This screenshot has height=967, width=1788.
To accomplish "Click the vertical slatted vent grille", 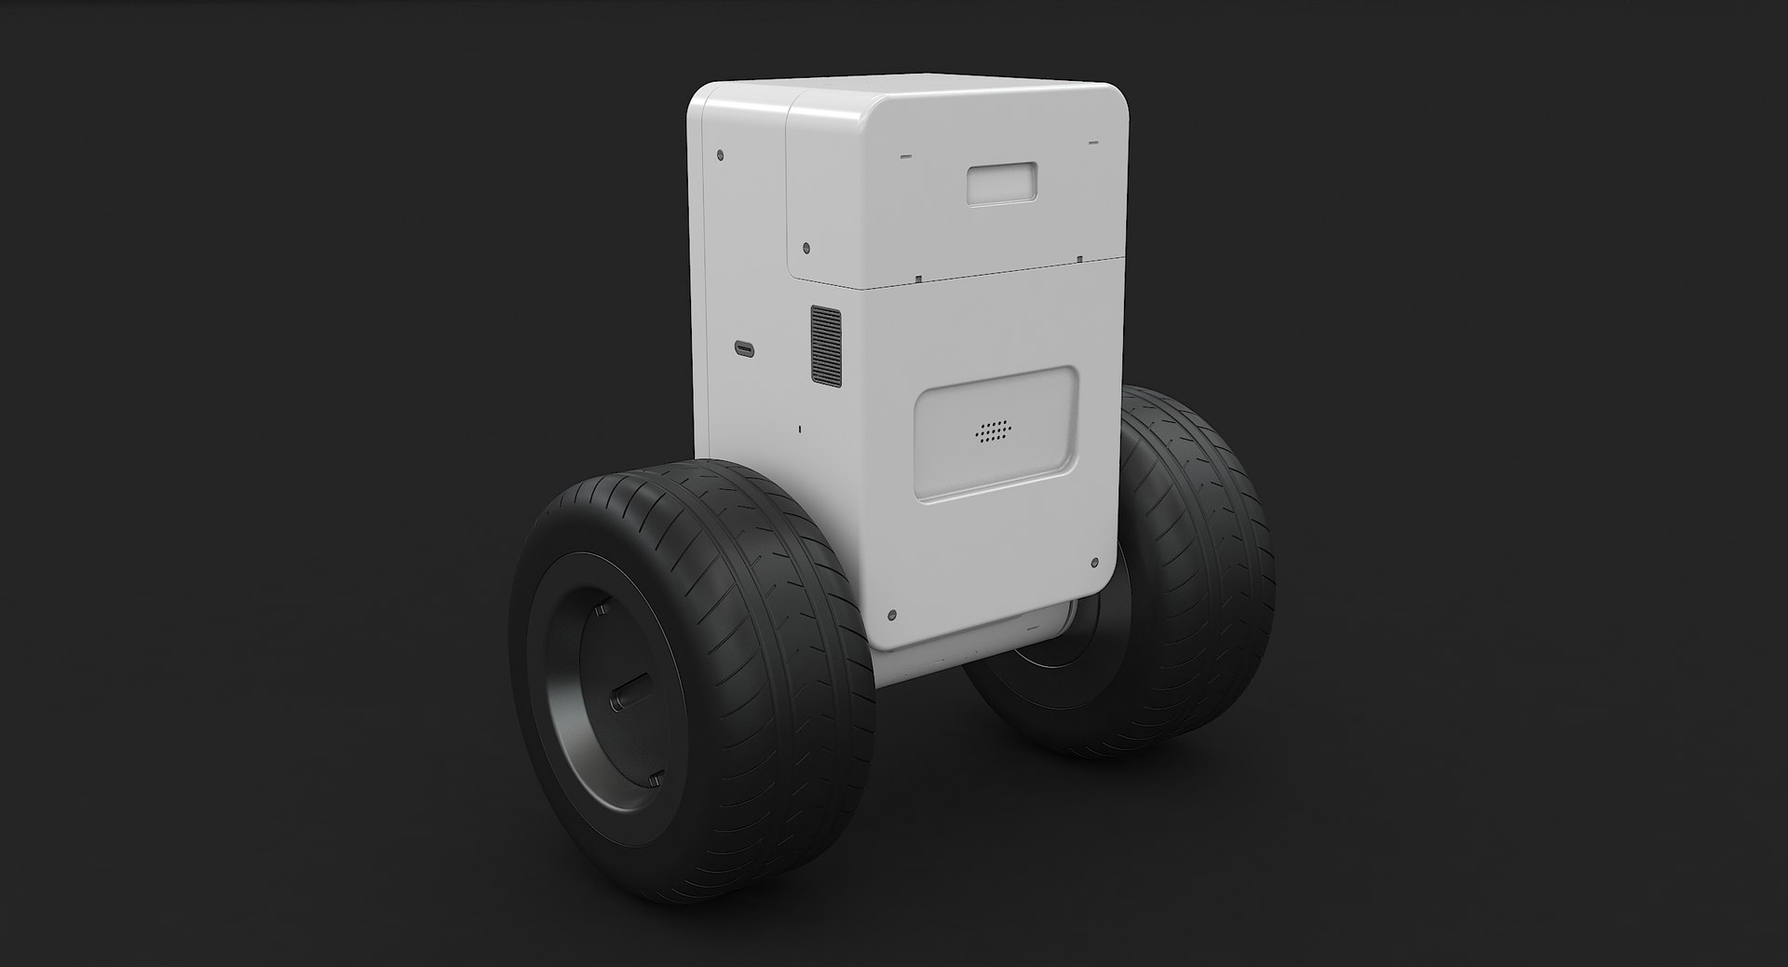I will [x=825, y=344].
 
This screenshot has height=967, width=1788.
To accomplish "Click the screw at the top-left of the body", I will [x=722, y=155].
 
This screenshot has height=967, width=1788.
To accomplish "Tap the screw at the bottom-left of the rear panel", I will [x=892, y=615].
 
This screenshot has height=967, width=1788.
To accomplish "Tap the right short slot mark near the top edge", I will [x=1093, y=143].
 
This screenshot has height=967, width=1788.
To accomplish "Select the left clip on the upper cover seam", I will [x=917, y=277].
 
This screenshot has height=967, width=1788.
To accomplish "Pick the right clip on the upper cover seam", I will [x=1077, y=258].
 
